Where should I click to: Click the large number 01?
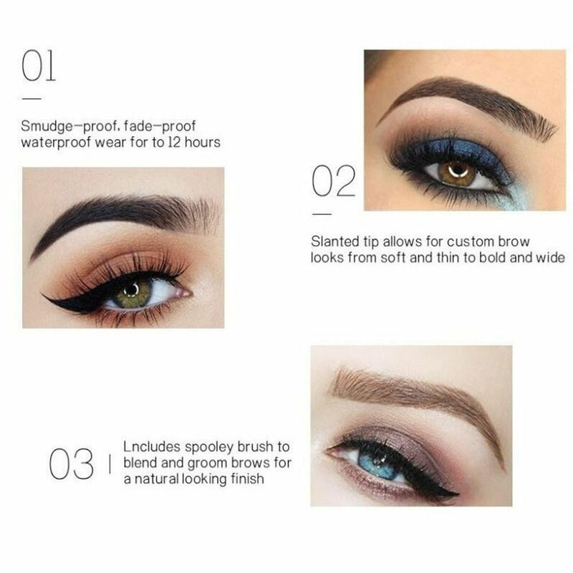[x=39, y=65]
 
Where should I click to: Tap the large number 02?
[x=334, y=181]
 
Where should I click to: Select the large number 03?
[x=71, y=463]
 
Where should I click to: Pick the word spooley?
[x=208, y=447]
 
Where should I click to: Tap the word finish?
[x=247, y=478]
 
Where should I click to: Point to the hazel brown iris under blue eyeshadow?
[x=458, y=173]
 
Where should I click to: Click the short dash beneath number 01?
[x=32, y=98]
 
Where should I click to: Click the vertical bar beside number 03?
[x=110, y=464]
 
